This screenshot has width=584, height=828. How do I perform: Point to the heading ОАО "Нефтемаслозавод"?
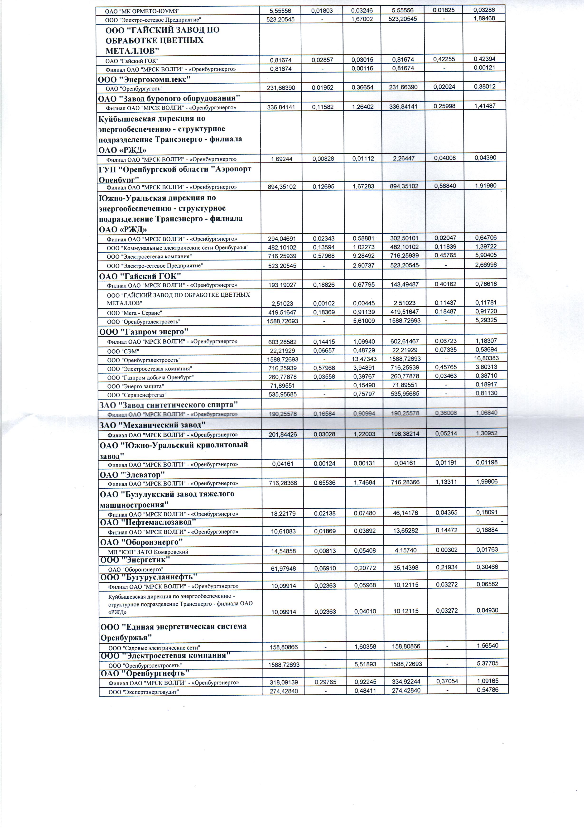click(x=148, y=522)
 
